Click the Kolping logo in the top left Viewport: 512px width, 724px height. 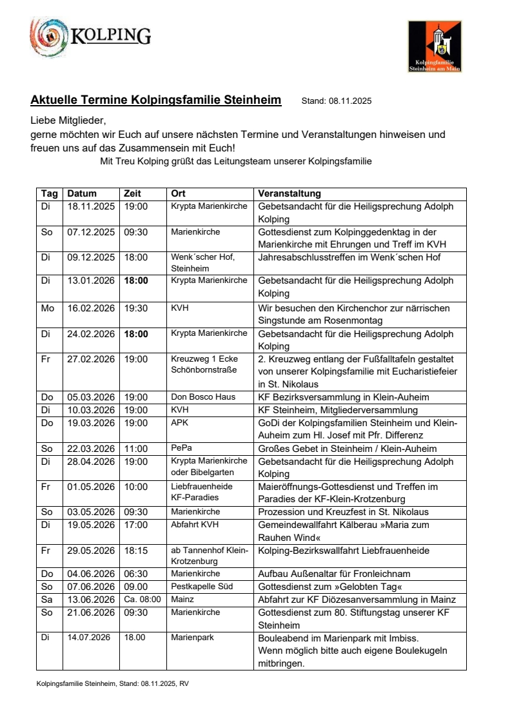[x=90, y=37]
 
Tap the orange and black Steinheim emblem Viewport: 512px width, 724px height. [x=435, y=46]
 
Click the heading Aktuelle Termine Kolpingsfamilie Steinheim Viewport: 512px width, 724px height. [x=156, y=100]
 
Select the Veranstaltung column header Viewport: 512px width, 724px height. [x=290, y=193]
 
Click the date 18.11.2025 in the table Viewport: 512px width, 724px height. [x=90, y=207]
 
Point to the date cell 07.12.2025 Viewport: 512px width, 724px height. [x=90, y=232]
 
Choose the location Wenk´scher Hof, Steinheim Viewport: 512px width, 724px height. [x=202, y=262]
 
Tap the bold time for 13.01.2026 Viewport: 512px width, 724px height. [x=136, y=280]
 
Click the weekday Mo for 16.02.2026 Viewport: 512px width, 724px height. [x=48, y=308]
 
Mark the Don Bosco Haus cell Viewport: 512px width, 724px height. [x=203, y=397]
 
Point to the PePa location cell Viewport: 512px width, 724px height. [x=181, y=449]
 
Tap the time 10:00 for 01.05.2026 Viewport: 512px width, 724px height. [x=136, y=487]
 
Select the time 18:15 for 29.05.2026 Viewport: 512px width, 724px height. [x=136, y=551]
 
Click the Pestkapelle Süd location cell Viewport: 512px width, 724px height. [x=202, y=587]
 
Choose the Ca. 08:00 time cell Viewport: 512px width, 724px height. [x=142, y=600]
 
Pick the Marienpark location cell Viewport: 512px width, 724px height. [x=193, y=638]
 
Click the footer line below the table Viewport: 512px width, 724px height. [x=112, y=683]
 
